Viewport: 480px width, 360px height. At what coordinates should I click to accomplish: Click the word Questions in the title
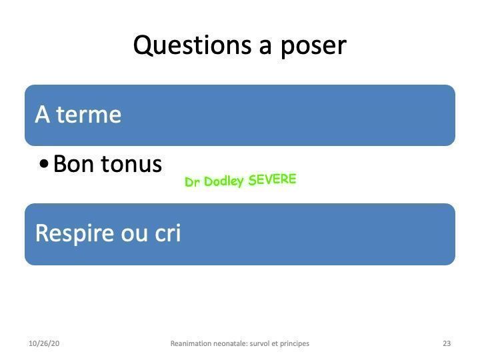click(192, 45)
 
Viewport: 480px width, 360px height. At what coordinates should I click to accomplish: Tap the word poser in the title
click(313, 47)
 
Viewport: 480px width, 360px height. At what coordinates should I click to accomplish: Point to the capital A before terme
click(43, 114)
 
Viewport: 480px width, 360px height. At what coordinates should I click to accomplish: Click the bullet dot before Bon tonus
click(44, 163)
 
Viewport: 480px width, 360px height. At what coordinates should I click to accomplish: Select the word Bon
click(73, 164)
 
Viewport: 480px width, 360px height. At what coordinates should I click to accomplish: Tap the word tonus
click(131, 165)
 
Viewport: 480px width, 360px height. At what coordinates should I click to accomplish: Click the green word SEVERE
click(272, 179)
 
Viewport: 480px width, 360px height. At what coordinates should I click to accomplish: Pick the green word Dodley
click(224, 181)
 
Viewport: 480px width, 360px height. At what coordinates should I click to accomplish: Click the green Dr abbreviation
click(193, 182)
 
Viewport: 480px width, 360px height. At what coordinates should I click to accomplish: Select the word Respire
click(75, 234)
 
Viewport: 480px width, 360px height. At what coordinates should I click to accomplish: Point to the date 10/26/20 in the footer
click(44, 343)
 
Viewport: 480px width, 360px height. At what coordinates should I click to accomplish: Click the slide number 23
click(447, 343)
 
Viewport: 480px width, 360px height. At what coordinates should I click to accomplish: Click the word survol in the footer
click(259, 343)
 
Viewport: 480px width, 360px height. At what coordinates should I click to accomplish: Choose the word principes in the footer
click(295, 344)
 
